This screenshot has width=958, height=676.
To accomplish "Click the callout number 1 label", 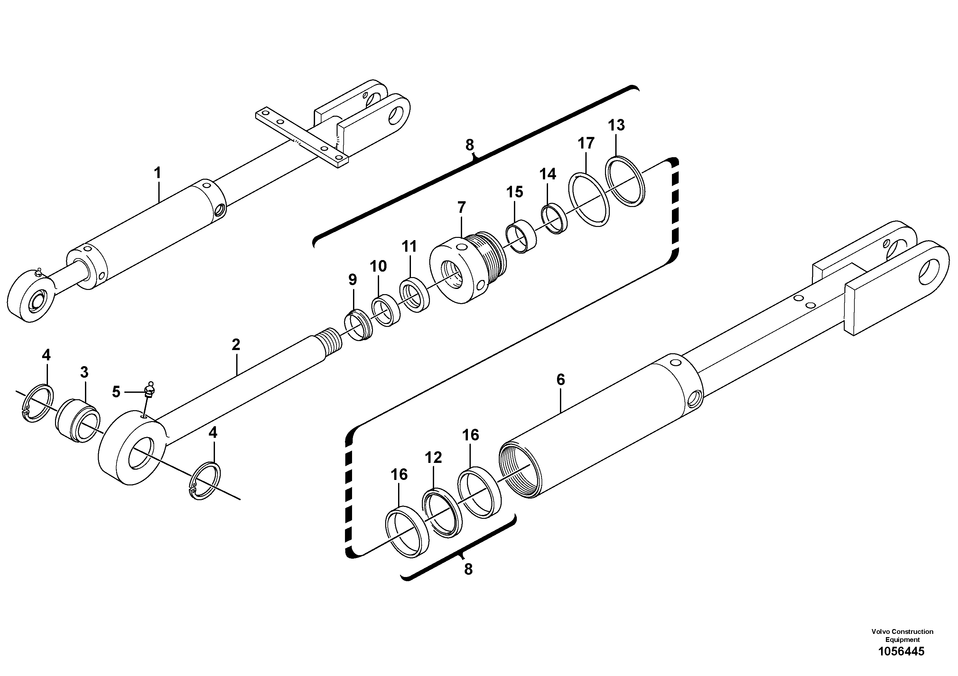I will click(x=157, y=173).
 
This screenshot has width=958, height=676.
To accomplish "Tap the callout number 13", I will click(x=616, y=125).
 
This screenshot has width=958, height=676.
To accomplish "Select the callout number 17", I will click(x=585, y=143).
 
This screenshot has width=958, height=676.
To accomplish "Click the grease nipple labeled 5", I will click(x=149, y=391).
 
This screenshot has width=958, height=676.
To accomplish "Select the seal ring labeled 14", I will click(x=554, y=219).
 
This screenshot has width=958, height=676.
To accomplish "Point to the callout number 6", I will click(x=560, y=380).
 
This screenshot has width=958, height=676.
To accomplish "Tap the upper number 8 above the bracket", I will click(x=470, y=145).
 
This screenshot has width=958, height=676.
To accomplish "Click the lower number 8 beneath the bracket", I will click(x=468, y=569).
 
